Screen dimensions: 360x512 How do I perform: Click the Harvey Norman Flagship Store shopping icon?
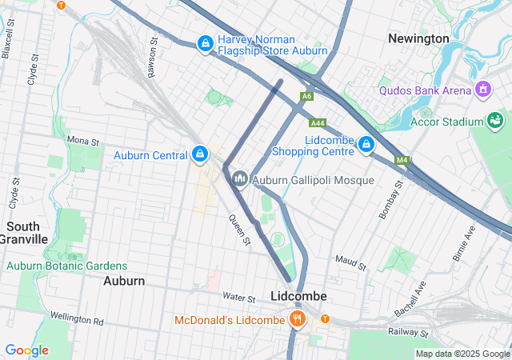click(206, 42)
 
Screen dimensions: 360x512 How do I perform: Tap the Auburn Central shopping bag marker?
click(199, 152)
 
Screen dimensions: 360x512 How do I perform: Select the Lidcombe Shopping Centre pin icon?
click(366, 143)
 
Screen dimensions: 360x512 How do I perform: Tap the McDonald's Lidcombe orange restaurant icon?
click(298, 321)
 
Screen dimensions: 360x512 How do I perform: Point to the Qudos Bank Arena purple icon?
click(482, 89)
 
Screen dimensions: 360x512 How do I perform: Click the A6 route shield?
click(306, 96)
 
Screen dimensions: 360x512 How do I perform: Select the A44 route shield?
click(317, 122)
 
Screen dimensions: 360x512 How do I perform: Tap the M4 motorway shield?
click(401, 161)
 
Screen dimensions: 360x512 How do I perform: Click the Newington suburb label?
click(418, 38)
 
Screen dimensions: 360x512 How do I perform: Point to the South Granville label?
click(24, 233)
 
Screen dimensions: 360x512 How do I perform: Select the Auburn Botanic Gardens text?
click(67, 266)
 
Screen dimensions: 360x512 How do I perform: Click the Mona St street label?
click(82, 140)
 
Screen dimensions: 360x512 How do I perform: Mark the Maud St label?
click(350, 262)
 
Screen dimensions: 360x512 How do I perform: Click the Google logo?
click(27, 350)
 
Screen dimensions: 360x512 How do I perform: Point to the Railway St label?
click(410, 330)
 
